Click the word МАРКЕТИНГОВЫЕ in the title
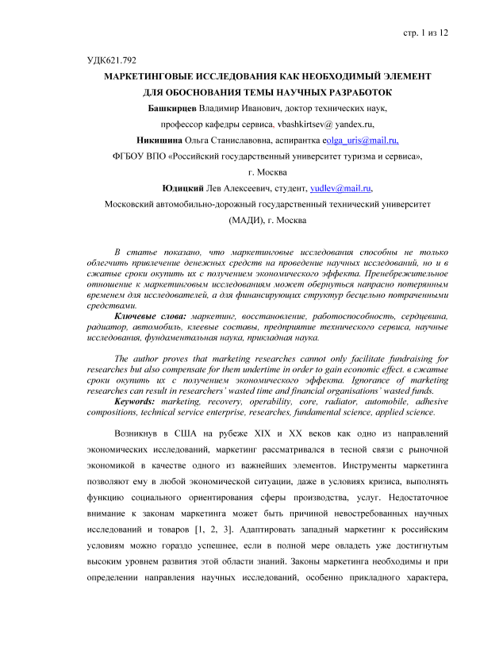(x=152, y=77)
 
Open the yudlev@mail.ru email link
(x=341, y=187)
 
